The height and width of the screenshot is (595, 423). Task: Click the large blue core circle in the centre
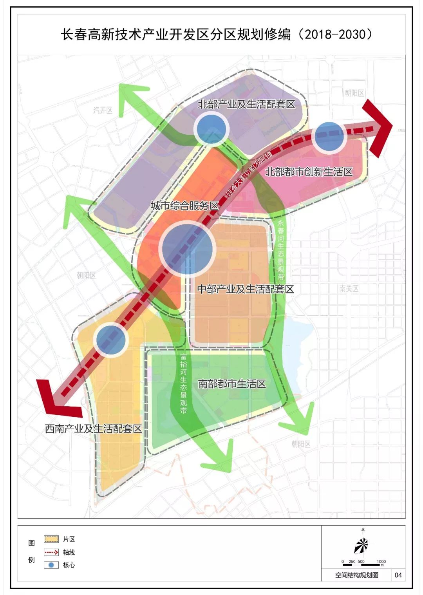[x=188, y=249]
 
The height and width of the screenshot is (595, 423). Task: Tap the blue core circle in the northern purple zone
[x=211, y=128]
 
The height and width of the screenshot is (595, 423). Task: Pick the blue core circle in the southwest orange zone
[x=111, y=339]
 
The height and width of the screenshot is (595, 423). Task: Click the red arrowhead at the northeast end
[x=378, y=128]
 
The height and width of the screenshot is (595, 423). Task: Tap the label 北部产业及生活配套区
[x=246, y=104]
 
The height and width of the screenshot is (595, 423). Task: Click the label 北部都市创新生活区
[x=309, y=172]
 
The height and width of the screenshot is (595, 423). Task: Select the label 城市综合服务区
[x=184, y=206]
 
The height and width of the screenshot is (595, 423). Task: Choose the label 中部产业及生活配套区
[x=245, y=289]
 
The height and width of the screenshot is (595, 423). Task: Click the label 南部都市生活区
[x=232, y=383]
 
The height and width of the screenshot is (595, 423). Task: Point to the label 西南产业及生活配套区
[x=93, y=429]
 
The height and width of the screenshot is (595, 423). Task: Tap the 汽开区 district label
[x=103, y=110]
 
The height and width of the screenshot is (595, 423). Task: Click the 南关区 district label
[x=349, y=289]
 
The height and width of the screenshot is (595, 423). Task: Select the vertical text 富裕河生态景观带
[x=183, y=383]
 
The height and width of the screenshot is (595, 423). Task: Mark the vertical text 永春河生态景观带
[x=280, y=250]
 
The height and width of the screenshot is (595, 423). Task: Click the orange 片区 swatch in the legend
[x=51, y=539]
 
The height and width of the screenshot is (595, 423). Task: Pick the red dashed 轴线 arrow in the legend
[x=51, y=552]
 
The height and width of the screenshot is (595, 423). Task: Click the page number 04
[x=398, y=575]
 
